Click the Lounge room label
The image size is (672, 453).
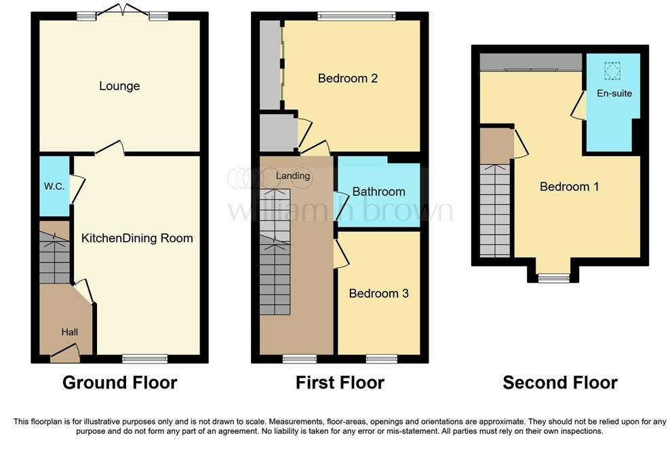(119, 86)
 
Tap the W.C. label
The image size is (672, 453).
(54, 186)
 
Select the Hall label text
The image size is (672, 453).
(69, 332)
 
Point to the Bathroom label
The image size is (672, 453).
(378, 192)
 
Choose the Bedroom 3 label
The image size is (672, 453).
(378, 294)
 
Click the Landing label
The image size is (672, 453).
(293, 176)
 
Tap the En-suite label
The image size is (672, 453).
(614, 93)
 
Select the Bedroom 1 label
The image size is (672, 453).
(569, 186)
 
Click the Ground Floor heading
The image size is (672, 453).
(119, 382)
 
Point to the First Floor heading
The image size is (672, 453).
(340, 382)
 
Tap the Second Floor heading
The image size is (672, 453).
(560, 382)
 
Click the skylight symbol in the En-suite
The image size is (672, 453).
(612, 71)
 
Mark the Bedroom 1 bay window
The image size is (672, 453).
(553, 277)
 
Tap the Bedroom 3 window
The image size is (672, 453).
(382, 358)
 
